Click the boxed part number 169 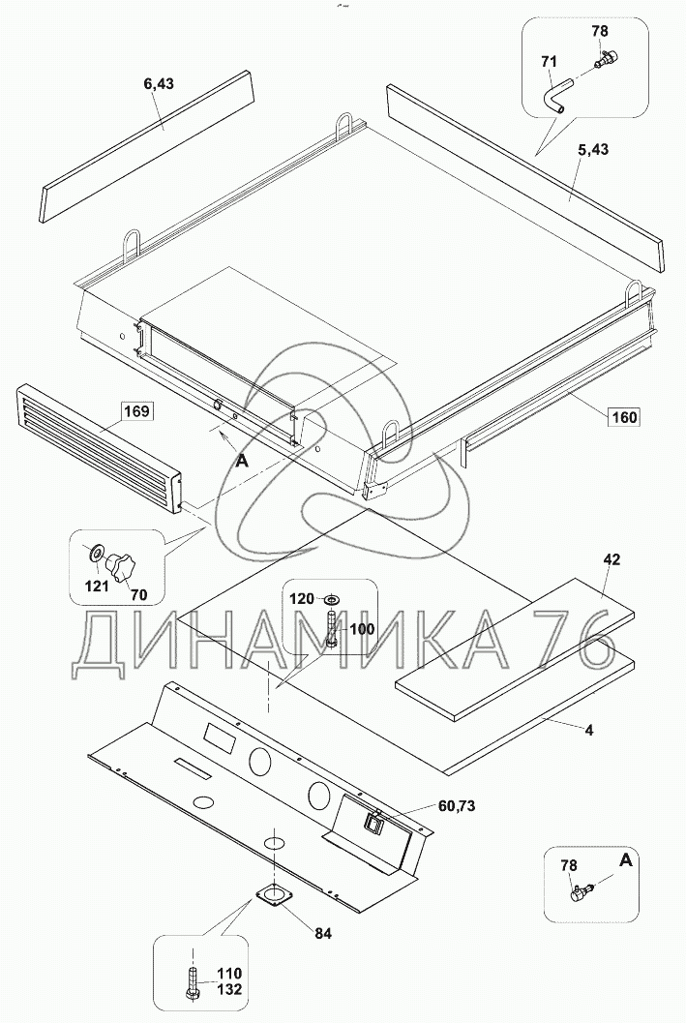(136, 411)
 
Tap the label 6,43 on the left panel (159, 83)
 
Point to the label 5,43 (593, 149)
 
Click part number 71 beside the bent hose (549, 62)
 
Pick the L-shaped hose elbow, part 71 (554, 96)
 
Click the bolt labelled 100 (331, 629)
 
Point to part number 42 (611, 559)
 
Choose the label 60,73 (457, 806)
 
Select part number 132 (229, 989)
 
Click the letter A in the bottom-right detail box (625, 861)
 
